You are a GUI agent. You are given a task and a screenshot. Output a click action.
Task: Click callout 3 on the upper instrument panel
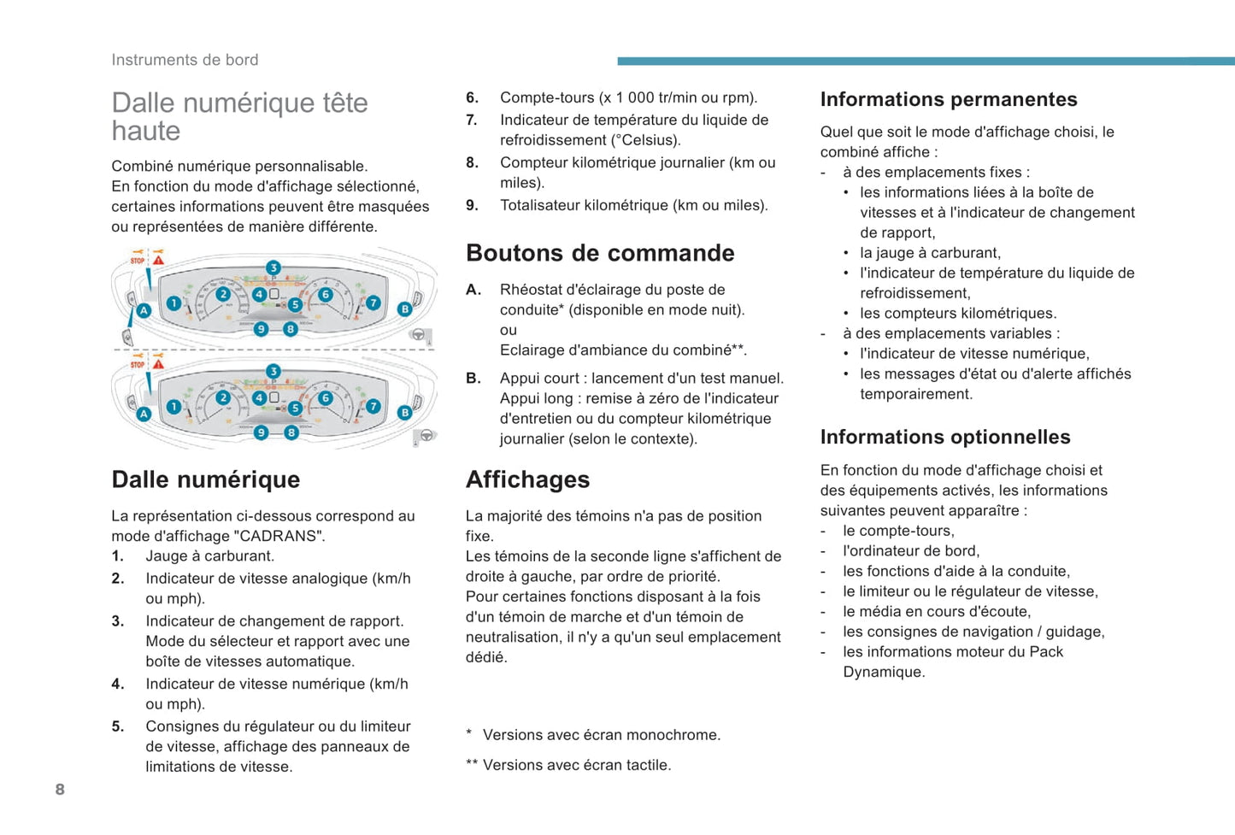[x=273, y=268]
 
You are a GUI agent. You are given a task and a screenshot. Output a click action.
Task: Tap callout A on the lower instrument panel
[x=144, y=414]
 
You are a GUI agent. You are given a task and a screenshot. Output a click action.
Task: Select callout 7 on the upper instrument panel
[x=373, y=303]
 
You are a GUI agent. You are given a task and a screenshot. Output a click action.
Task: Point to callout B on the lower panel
[x=405, y=413]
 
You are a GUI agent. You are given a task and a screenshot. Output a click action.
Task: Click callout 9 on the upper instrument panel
[x=262, y=329]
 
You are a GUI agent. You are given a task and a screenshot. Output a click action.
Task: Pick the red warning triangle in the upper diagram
[x=158, y=259]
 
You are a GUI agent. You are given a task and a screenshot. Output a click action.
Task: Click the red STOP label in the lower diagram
[x=137, y=365]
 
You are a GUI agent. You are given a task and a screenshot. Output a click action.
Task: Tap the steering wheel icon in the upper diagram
[x=418, y=335]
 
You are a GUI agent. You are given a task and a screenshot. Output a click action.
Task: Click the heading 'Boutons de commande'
[x=600, y=253]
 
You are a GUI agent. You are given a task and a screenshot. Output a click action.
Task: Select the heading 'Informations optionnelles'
[x=944, y=437]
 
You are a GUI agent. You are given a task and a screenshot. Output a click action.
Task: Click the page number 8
[x=60, y=789]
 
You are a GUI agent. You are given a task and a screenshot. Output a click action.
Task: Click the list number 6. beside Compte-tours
[x=472, y=97]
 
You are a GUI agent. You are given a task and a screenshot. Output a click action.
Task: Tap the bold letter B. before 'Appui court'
[x=473, y=378]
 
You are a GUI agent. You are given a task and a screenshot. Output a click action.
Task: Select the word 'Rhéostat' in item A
[x=531, y=289]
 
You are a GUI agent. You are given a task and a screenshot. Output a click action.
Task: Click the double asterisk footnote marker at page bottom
[x=471, y=765]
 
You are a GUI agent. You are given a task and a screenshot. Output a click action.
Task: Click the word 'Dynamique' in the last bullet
[x=884, y=672]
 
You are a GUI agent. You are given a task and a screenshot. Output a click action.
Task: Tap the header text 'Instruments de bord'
[x=185, y=60]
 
